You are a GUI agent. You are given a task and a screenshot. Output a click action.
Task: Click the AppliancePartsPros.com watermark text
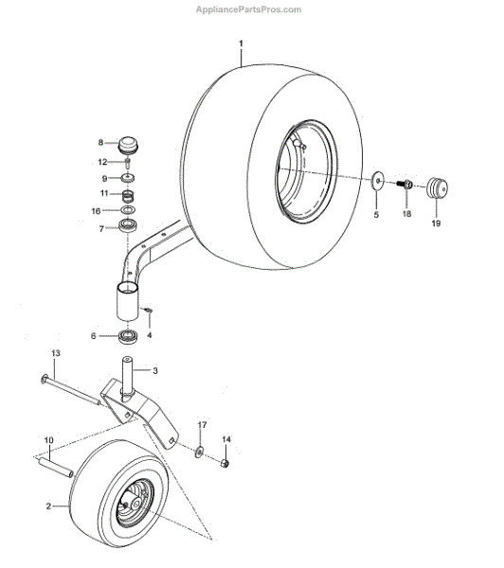(249, 9)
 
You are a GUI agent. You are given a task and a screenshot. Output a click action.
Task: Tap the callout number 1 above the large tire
(241, 44)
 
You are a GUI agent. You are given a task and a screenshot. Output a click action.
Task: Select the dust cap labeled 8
(128, 145)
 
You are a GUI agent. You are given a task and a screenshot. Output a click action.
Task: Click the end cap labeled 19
(438, 187)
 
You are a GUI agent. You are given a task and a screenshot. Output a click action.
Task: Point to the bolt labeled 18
(405, 185)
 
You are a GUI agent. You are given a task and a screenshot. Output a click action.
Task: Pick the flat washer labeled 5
(377, 180)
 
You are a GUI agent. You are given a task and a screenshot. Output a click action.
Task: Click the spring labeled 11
(128, 197)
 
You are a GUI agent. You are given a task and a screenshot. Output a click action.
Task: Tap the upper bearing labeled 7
(128, 226)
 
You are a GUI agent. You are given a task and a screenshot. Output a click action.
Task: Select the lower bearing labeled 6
(127, 336)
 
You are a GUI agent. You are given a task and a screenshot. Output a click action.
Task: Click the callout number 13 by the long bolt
(56, 353)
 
